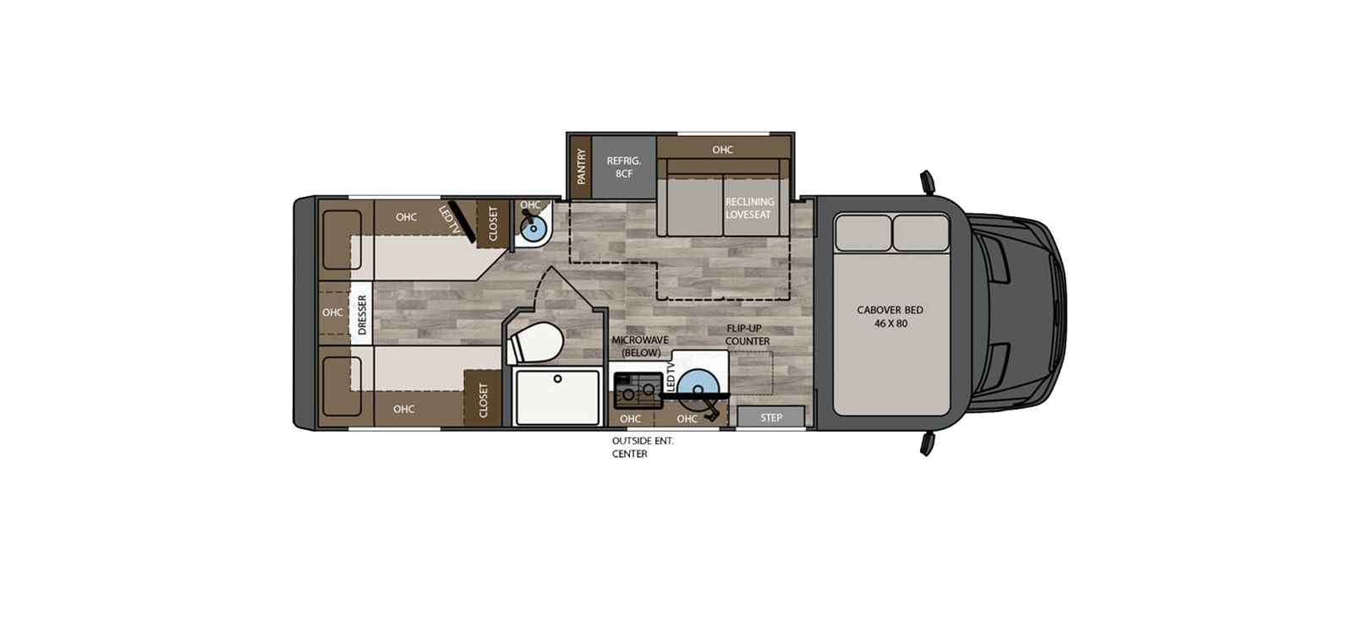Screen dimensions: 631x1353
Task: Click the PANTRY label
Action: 581,167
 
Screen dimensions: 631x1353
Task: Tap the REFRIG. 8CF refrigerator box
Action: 624,166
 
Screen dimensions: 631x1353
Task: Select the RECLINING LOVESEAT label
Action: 749,208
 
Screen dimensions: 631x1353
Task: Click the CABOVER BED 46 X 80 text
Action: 890,316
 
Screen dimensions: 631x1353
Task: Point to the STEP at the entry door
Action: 770,417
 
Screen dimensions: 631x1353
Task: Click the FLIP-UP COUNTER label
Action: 747,335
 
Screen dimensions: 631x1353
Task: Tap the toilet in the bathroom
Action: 538,343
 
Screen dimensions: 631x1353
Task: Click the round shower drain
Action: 557,379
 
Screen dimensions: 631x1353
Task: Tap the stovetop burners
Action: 637,389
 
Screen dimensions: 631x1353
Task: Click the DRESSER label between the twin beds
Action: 362,314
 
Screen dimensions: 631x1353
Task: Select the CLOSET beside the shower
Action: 483,400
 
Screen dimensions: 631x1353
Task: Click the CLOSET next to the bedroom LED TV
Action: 493,224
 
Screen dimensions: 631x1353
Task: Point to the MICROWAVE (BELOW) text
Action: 640,345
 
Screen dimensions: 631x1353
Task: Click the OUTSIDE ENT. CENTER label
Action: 642,448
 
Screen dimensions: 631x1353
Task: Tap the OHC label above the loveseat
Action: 722,150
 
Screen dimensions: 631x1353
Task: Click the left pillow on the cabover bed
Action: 863,232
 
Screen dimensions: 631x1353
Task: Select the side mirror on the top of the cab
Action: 928,182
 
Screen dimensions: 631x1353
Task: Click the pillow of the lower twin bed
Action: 342,386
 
